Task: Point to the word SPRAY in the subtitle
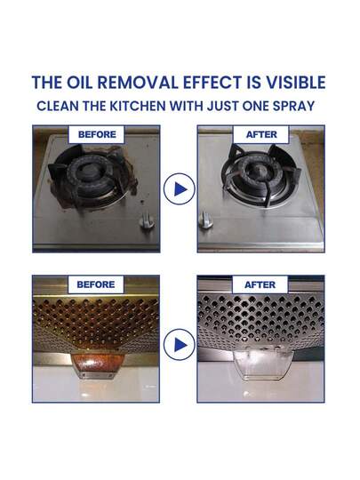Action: coord(294,107)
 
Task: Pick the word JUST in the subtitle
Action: coord(223,107)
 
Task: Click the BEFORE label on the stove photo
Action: coord(97,134)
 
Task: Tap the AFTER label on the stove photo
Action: coord(261,134)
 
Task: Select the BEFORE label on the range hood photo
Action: coord(96,284)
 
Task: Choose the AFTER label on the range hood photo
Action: coord(260,284)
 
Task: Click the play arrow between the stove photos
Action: coord(180,189)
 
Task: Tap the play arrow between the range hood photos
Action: coord(180,345)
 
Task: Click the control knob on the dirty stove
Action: coord(147,221)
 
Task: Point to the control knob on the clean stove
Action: coord(205,220)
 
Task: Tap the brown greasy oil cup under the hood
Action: coord(98,366)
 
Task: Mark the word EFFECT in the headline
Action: coord(212,83)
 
